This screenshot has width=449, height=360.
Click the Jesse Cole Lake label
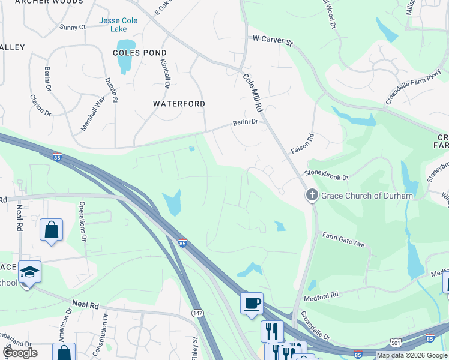pyautogui.click(x=118, y=25)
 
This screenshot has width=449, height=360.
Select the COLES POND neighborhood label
pyautogui.click(x=139, y=53)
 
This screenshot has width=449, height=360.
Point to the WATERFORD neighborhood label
pyautogui.click(x=179, y=104)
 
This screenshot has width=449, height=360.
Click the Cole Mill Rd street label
pyautogui.click(x=253, y=93)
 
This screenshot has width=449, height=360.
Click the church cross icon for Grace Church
pyautogui.click(x=312, y=195)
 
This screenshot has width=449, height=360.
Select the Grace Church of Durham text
pyautogui.click(x=367, y=196)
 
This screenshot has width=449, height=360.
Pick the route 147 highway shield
pyautogui.click(x=197, y=313)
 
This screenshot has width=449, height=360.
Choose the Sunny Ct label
pyautogui.click(x=73, y=27)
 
